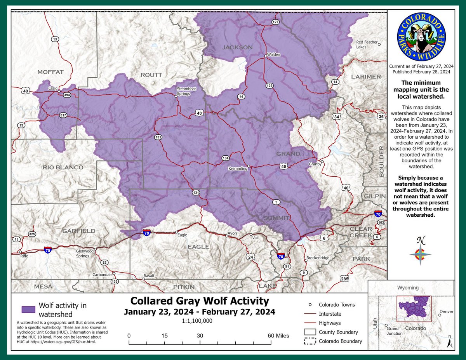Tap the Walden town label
click(273, 55)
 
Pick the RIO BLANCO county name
click(63, 167)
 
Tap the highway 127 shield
click(275, 22)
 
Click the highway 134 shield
click(226, 158)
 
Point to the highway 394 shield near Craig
click(67, 95)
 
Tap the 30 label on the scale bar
click(200, 336)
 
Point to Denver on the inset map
click(446, 311)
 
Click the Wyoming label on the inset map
click(408, 288)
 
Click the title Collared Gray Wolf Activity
click(199, 301)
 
